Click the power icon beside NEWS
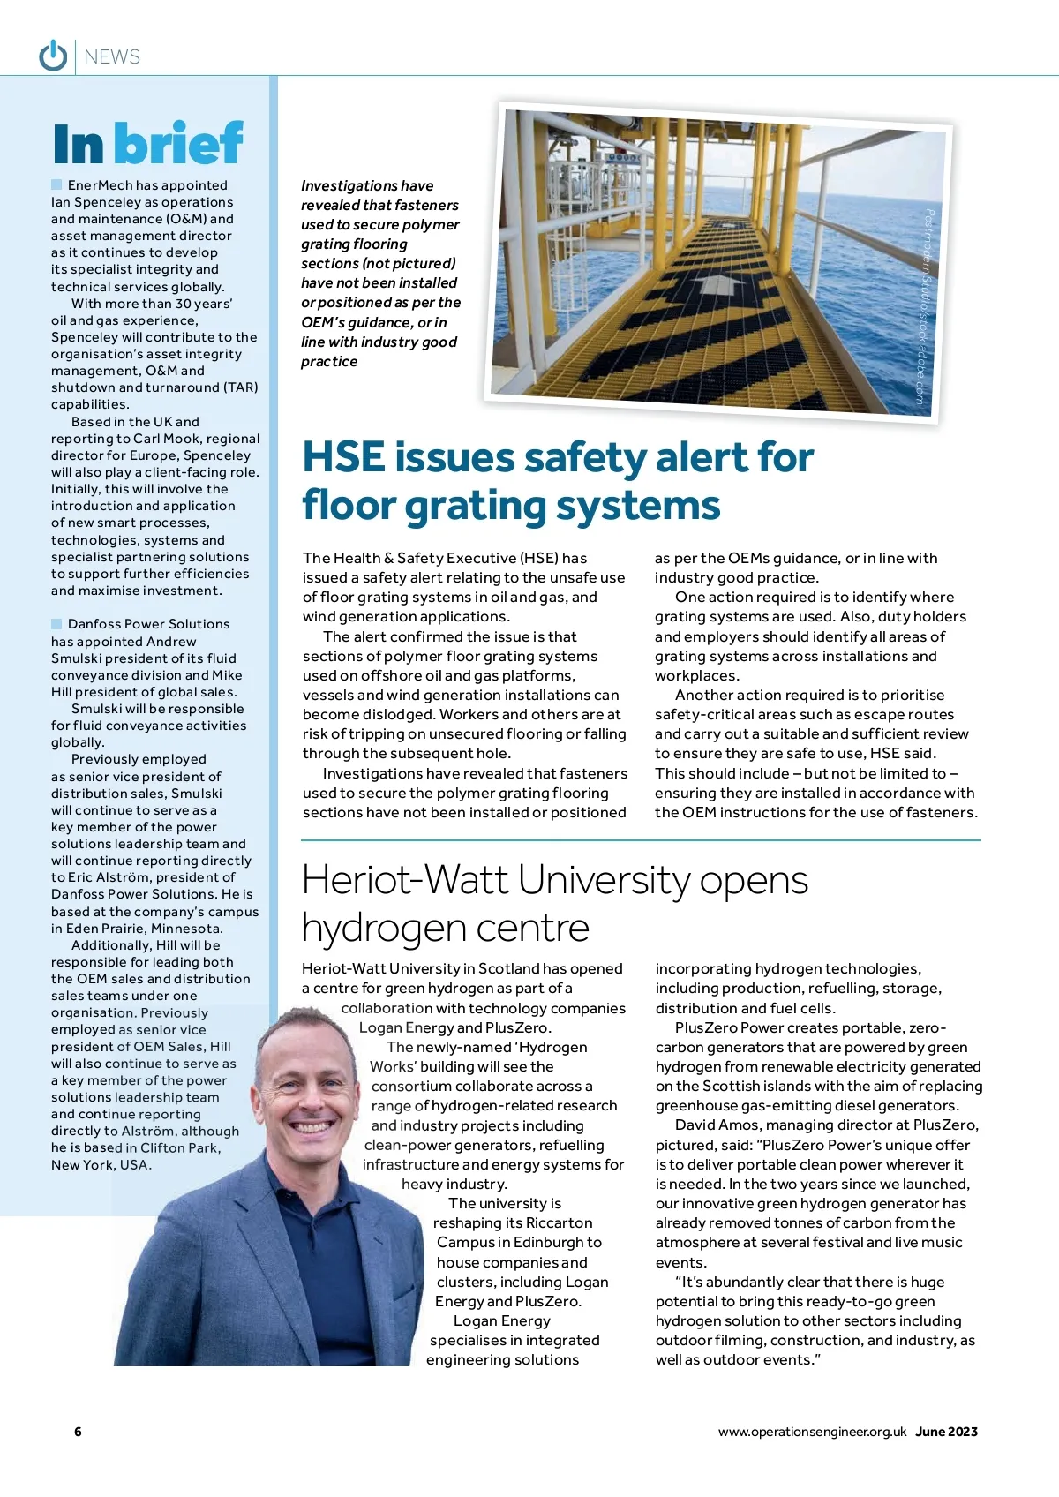[53, 56]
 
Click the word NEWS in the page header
[112, 57]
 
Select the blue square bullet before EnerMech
[56, 184]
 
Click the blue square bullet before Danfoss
[56, 624]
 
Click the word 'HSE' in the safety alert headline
[343, 458]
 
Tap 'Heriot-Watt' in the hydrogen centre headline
[405, 880]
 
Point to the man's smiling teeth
[313, 1127]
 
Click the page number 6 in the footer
[78, 1432]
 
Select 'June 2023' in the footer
[946, 1432]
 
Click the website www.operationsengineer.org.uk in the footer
[812, 1432]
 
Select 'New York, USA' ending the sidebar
[101, 1165]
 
